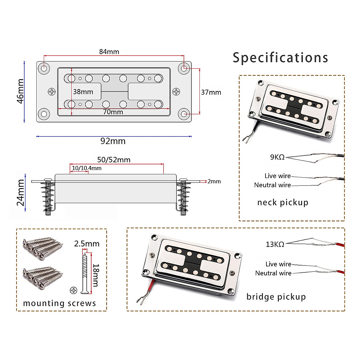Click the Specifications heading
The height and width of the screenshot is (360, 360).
(280, 58)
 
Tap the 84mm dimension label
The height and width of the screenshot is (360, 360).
(109, 52)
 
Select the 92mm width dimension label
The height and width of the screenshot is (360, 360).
(113, 141)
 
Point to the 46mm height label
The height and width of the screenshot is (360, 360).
(20, 91)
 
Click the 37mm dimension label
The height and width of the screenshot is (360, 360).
(211, 92)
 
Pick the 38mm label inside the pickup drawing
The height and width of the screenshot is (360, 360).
(83, 92)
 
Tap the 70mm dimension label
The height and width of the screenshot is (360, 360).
(113, 112)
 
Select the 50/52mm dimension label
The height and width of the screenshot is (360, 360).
(114, 160)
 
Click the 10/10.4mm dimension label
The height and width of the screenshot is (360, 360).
(87, 168)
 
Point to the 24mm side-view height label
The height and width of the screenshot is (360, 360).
(20, 192)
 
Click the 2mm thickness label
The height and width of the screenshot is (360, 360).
(214, 181)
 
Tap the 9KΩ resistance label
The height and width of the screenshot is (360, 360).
(277, 157)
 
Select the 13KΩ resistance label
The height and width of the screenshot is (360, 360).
(275, 244)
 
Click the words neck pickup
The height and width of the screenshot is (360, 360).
(283, 202)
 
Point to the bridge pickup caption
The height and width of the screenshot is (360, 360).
(276, 297)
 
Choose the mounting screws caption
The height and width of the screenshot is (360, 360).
(59, 303)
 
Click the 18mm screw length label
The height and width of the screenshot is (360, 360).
(96, 275)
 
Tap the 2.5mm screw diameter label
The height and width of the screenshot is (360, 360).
(87, 244)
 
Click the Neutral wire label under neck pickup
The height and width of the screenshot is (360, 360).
(272, 185)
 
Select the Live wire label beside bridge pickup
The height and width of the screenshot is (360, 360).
(278, 264)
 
